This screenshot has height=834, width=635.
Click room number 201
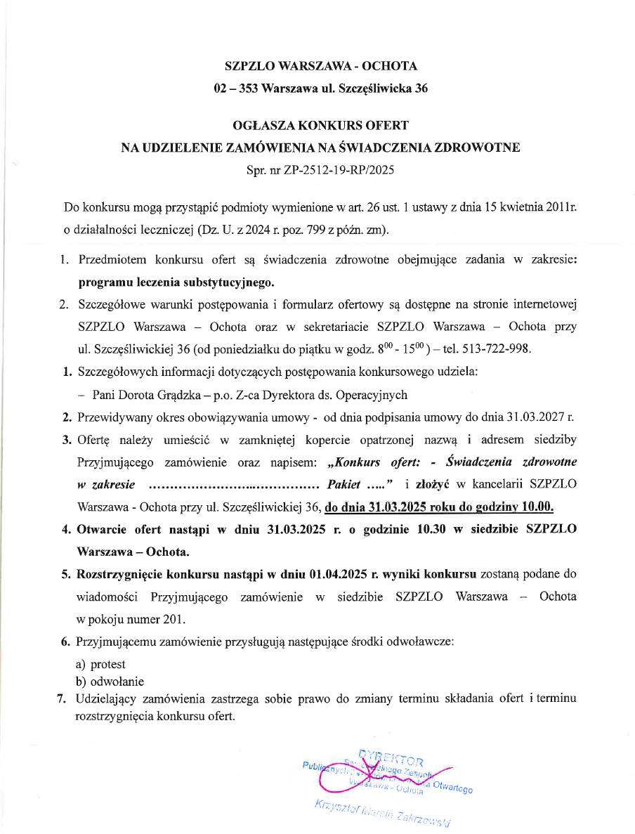pos(174,619)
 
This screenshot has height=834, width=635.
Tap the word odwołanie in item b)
pos(114,681)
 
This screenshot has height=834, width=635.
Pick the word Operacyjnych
pos(373,395)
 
